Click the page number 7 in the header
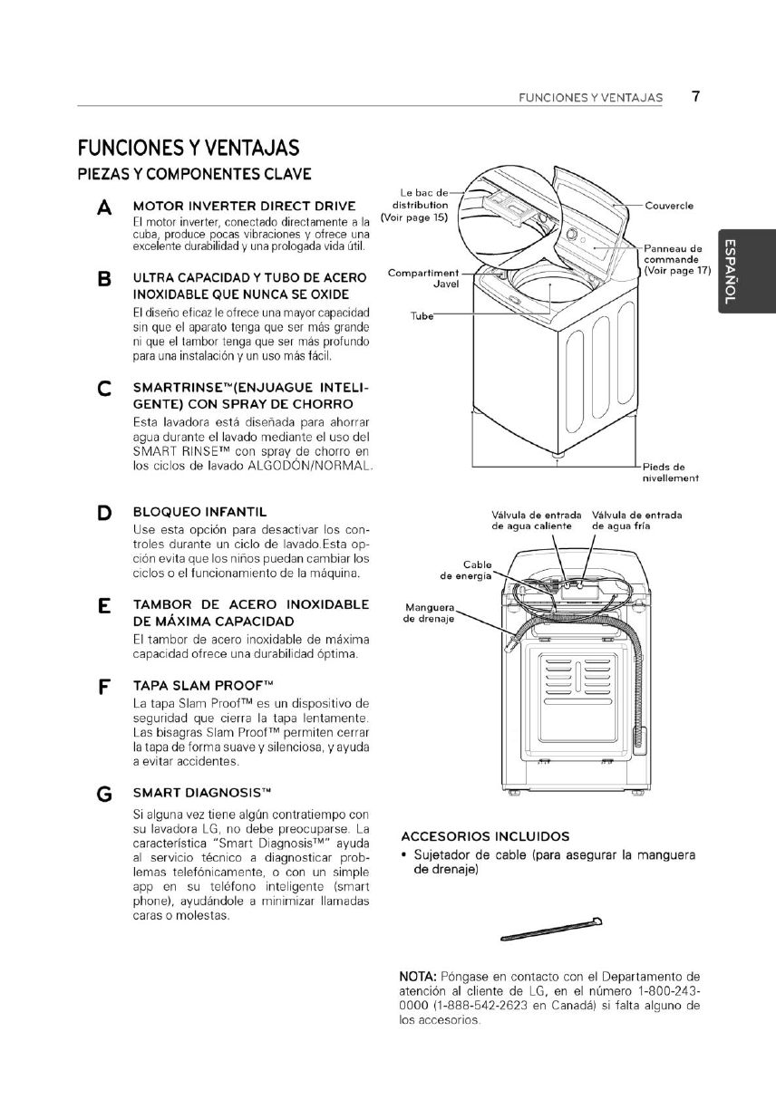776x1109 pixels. [694, 96]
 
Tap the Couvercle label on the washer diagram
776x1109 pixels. [669, 206]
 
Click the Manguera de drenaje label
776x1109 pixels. [428, 612]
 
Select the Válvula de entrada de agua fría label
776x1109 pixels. [636, 520]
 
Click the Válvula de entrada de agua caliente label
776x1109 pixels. [536, 520]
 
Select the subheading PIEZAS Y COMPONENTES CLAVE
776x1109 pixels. [195, 173]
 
